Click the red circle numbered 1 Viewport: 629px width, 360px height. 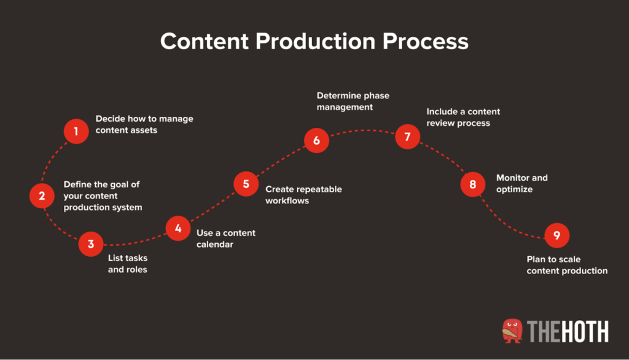[76, 131]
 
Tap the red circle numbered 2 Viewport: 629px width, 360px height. [42, 196]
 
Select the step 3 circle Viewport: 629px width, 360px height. [91, 244]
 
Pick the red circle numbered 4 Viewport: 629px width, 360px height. [178, 229]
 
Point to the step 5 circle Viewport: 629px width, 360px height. [246, 184]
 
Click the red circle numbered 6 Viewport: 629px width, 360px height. [316, 141]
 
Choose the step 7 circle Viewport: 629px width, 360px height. [407, 136]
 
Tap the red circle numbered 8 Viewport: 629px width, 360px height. [472, 184]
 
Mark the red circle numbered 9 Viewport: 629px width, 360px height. [557, 235]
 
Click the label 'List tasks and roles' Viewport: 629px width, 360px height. [128, 264]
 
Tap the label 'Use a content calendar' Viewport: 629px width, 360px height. [225, 238]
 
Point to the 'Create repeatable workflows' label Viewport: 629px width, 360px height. [303, 195]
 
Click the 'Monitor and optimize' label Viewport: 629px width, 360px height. [522, 184]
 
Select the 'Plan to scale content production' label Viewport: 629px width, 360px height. [567, 265]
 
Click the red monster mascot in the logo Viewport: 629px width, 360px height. [512, 331]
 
